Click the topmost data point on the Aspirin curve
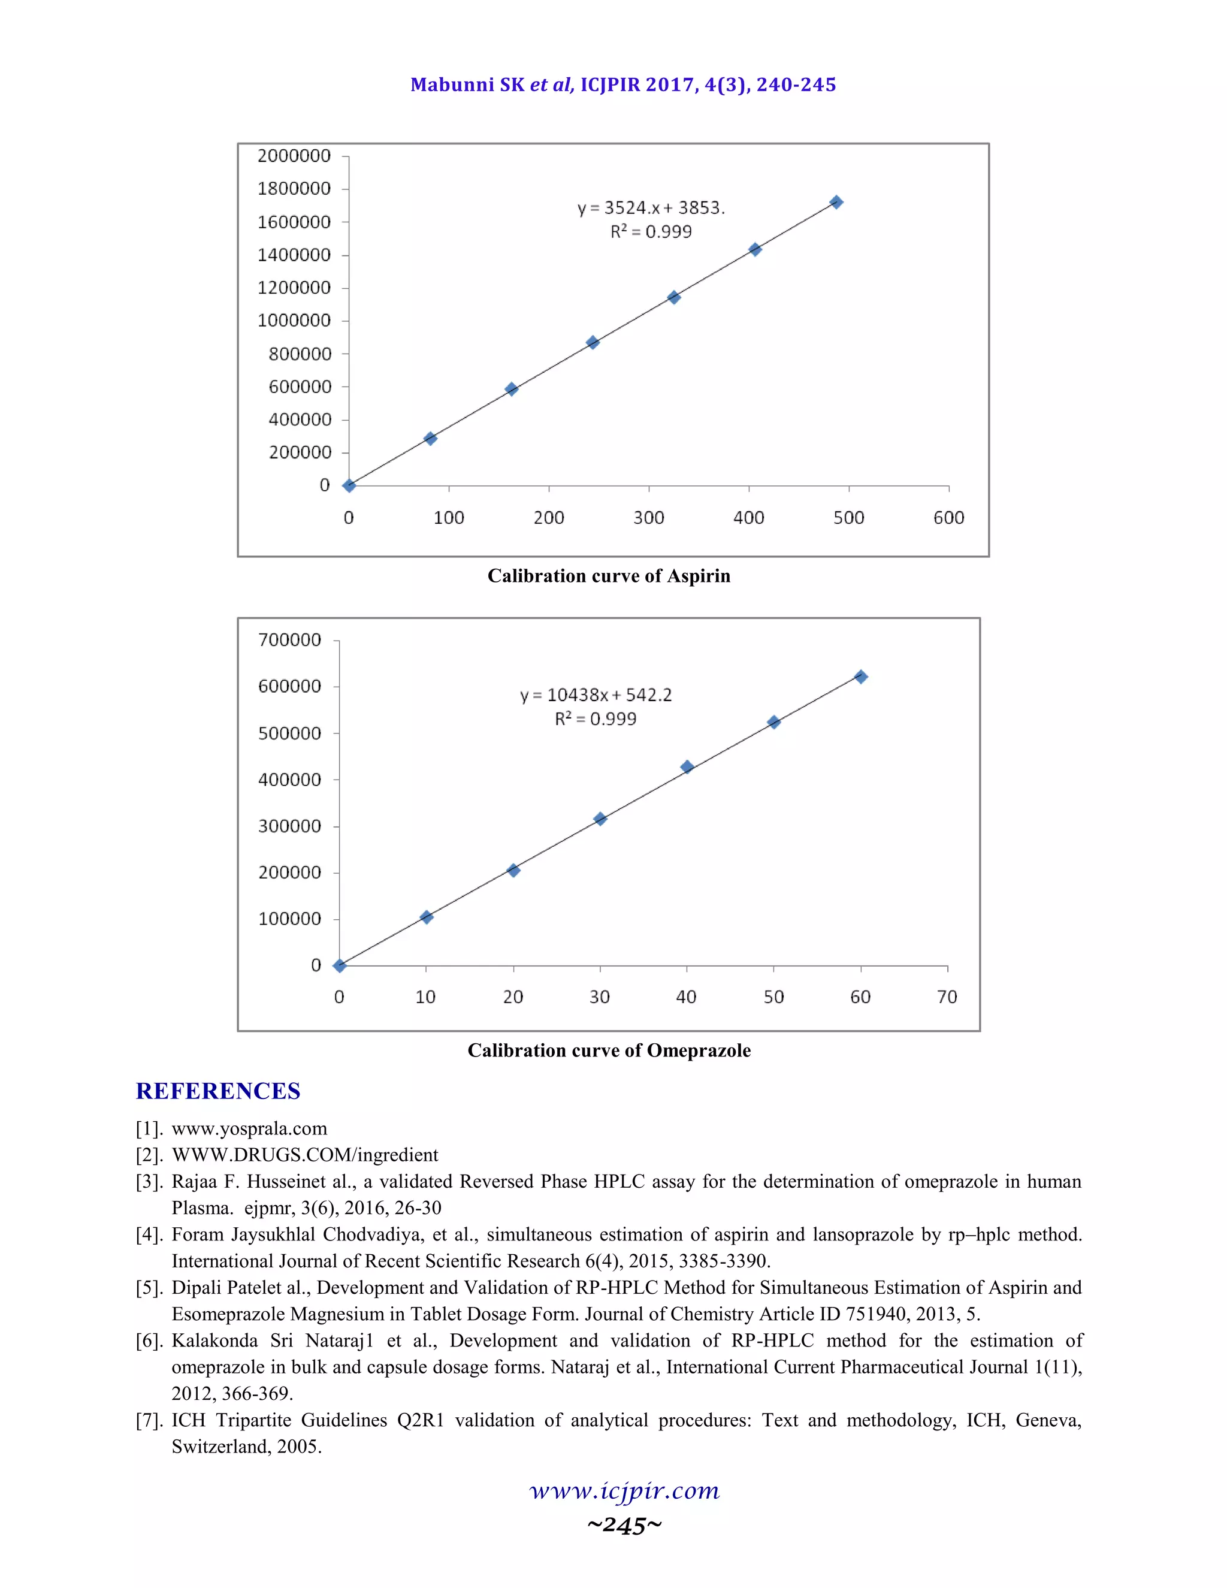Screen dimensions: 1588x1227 pyautogui.click(x=836, y=202)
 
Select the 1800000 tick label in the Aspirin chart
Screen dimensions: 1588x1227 pyautogui.click(x=294, y=189)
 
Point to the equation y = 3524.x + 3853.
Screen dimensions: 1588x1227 pyautogui.click(x=651, y=208)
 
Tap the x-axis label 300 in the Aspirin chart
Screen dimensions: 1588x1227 pyautogui.click(x=648, y=518)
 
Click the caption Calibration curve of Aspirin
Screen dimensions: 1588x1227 pyautogui.click(x=609, y=576)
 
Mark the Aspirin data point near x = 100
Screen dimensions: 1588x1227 pyautogui.click(x=430, y=439)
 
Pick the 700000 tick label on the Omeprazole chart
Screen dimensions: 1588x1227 pyautogui.click(x=289, y=640)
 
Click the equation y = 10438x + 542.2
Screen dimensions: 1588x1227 pyautogui.click(x=596, y=695)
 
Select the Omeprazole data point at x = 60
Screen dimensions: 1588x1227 pyautogui.click(x=861, y=677)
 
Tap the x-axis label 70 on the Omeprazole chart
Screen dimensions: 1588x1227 pyautogui.click(x=947, y=997)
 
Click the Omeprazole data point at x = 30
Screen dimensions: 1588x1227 pyautogui.click(x=600, y=819)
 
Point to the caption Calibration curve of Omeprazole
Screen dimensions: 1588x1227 pyautogui.click(x=609, y=1050)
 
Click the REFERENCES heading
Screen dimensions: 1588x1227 pyautogui.click(x=218, y=1091)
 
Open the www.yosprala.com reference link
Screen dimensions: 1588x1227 pyautogui.click(x=249, y=1128)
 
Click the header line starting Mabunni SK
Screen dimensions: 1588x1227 pyautogui.click(x=623, y=85)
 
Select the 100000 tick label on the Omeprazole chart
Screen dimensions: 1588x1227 pyautogui.click(x=289, y=919)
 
